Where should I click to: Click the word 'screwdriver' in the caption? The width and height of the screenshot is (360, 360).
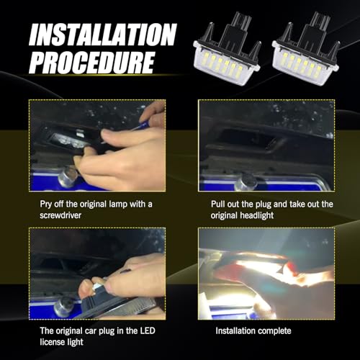(x=64, y=215)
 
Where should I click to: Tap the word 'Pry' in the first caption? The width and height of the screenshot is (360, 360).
(x=47, y=204)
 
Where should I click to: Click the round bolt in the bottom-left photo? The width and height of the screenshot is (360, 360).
(x=63, y=306)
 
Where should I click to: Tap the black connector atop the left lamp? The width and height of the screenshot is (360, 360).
(x=233, y=30)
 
